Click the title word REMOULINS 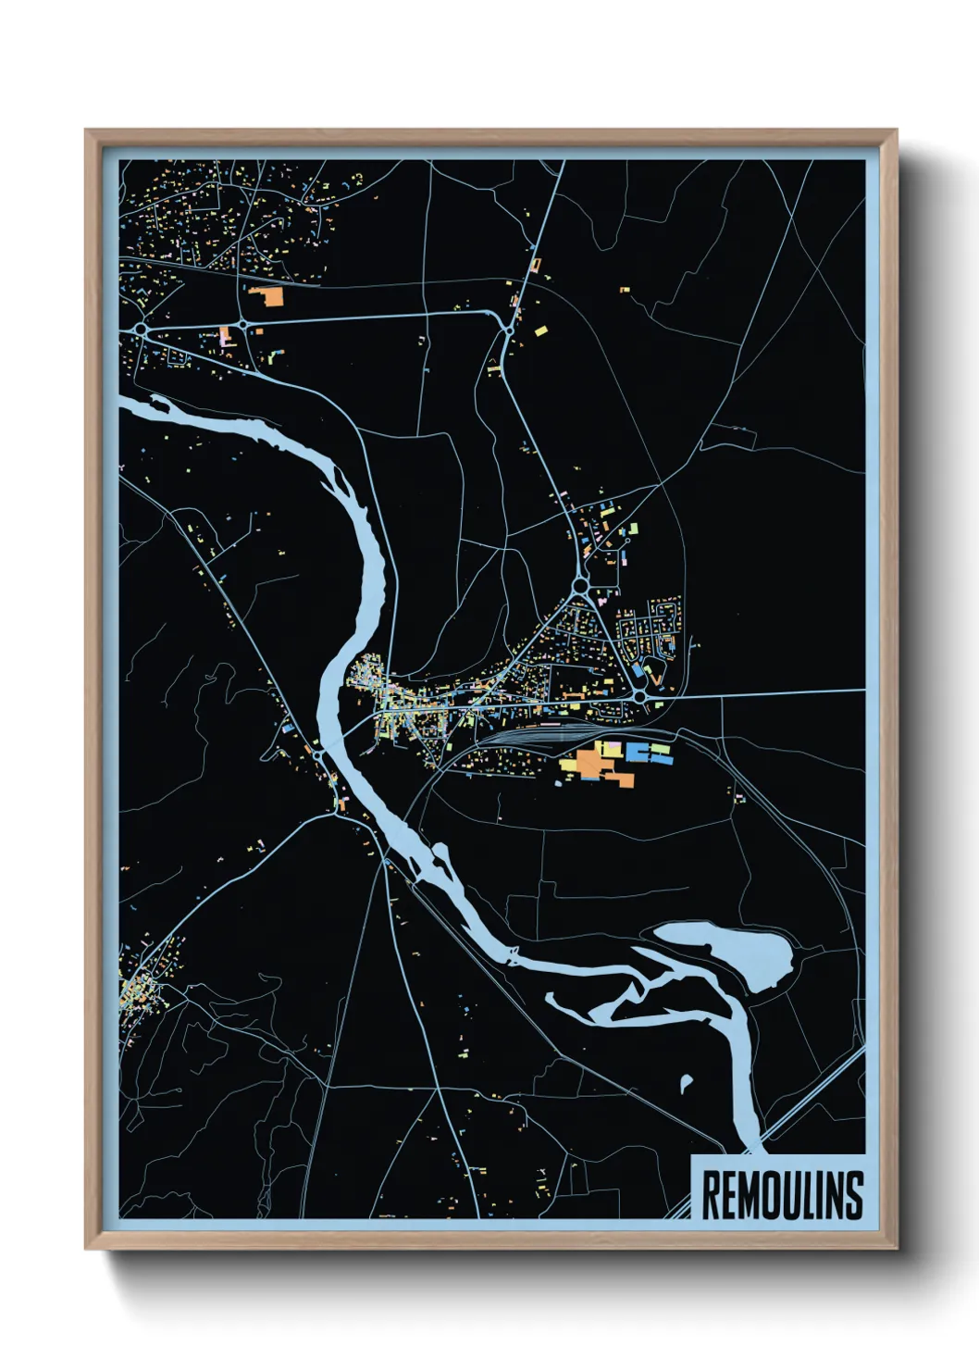[782, 1195]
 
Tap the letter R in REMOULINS [711, 1195]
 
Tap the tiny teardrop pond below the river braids [686, 1082]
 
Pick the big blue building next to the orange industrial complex [638, 751]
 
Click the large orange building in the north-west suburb [269, 296]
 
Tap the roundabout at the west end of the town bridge [318, 756]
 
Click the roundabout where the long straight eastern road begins [639, 694]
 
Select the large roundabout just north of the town [580, 585]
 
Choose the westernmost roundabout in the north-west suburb [140, 328]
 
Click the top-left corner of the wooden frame [87, 131]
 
